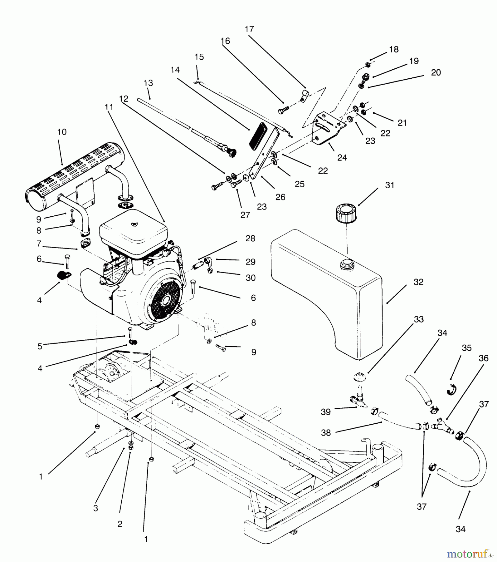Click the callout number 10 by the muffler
[x=62, y=132]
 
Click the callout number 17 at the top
[x=249, y=29]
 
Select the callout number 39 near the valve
[x=325, y=412]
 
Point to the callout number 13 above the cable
[x=148, y=83]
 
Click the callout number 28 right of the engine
[x=250, y=239]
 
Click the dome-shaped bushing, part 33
[x=359, y=376]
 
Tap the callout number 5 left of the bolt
[x=40, y=347]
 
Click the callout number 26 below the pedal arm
[x=280, y=197]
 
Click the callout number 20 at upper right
[x=436, y=72]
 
